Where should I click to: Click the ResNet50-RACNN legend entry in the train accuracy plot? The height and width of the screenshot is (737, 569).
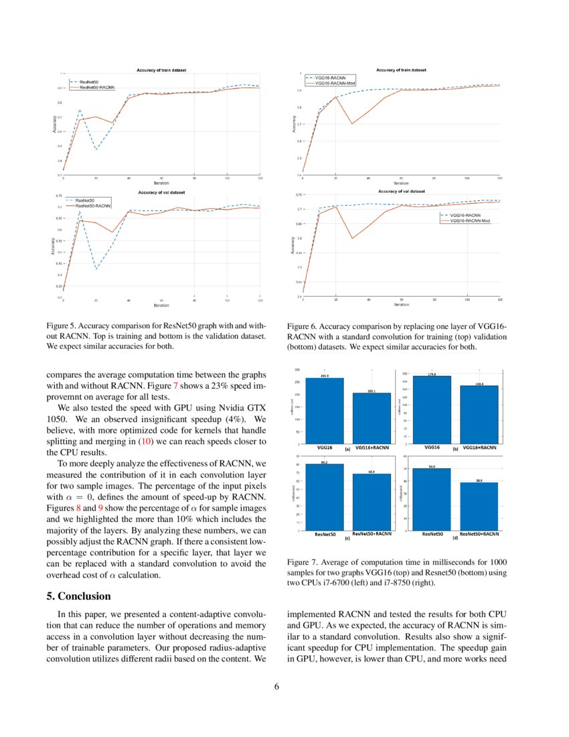click(97, 87)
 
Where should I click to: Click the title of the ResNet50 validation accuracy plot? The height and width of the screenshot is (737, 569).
click(161, 192)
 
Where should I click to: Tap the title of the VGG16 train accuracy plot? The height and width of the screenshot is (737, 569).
click(401, 69)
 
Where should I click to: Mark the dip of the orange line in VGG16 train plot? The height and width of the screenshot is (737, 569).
click(352, 123)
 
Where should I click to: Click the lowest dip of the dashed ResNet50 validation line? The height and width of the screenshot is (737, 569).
click(96, 269)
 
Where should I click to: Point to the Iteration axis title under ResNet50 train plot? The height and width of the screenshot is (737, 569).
click(161, 182)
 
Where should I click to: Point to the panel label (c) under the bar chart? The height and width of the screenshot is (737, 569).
click(347, 538)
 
